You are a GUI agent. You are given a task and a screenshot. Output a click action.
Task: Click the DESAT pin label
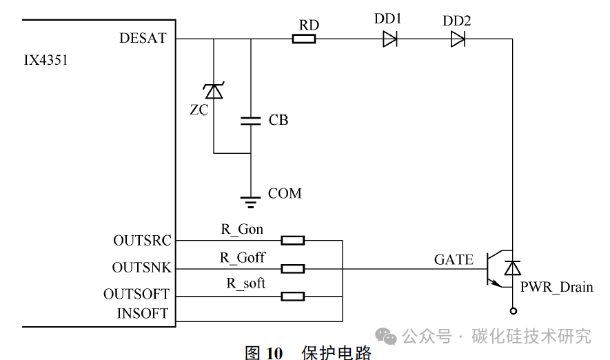[x=143, y=39]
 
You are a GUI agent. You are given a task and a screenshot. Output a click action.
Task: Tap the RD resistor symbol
[x=304, y=39]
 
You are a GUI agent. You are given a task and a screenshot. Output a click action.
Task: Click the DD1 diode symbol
[x=390, y=39]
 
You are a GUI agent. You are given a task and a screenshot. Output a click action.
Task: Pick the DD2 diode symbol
[x=458, y=39]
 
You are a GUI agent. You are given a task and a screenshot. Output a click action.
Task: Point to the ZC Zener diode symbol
[x=214, y=90]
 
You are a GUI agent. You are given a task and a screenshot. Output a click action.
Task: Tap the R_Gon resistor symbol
[x=293, y=240]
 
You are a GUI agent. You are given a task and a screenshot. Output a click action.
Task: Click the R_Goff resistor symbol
[x=293, y=268]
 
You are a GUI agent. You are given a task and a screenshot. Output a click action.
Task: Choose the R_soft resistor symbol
[x=293, y=296]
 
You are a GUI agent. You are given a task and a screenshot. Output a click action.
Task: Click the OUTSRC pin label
[x=141, y=241]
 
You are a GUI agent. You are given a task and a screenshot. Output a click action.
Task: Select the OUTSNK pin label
[x=141, y=268]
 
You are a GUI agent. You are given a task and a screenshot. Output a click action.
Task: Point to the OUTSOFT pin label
[x=136, y=294]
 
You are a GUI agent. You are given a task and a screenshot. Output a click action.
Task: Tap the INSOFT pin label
[x=143, y=314]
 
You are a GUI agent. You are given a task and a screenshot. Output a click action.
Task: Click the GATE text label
[x=454, y=260]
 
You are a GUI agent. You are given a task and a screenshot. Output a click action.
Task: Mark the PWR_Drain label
[x=556, y=287]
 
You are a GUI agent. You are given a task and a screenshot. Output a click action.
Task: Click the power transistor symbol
[x=498, y=268]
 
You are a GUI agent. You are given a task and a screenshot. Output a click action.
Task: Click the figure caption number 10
[x=274, y=353]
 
